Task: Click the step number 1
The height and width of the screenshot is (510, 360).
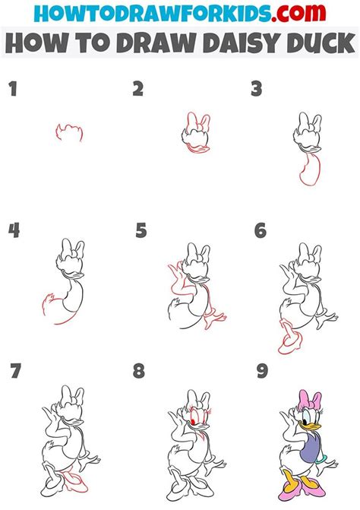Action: [x=12, y=90]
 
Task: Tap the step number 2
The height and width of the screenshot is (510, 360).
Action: [x=137, y=90]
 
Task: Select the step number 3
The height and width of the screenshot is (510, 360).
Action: [x=257, y=90]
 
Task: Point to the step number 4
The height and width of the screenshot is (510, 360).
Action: [x=14, y=230]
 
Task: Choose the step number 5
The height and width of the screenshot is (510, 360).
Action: [x=141, y=230]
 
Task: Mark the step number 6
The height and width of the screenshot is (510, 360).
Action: [x=261, y=230]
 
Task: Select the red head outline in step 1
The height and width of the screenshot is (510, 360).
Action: [x=69, y=131]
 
